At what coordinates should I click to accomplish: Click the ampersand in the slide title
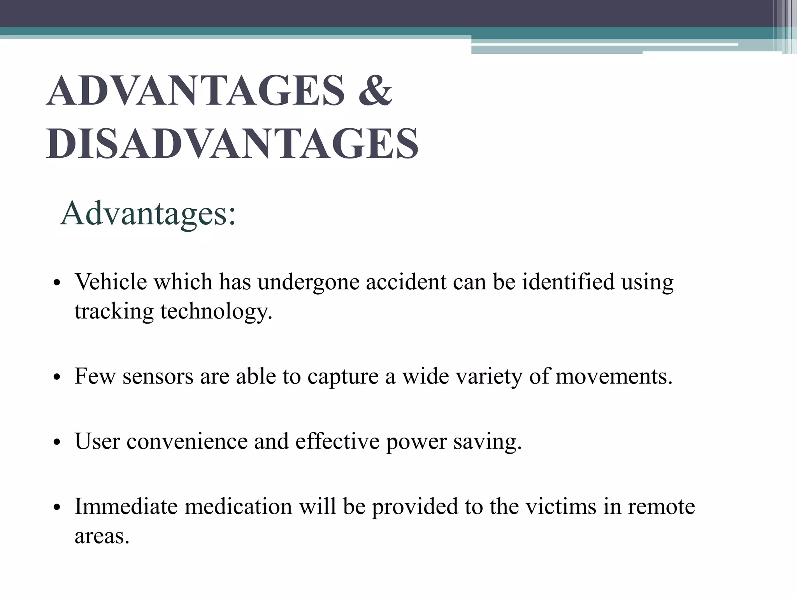(375, 90)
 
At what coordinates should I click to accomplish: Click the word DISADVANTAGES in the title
(232, 144)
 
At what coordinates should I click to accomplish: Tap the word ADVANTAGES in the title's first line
(195, 90)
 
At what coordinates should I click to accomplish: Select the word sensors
(158, 376)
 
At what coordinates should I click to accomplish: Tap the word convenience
(187, 441)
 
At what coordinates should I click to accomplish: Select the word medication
(238, 507)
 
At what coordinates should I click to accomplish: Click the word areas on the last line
(102, 536)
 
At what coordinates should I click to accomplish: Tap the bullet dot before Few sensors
(57, 378)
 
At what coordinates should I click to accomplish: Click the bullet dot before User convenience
(57, 443)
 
